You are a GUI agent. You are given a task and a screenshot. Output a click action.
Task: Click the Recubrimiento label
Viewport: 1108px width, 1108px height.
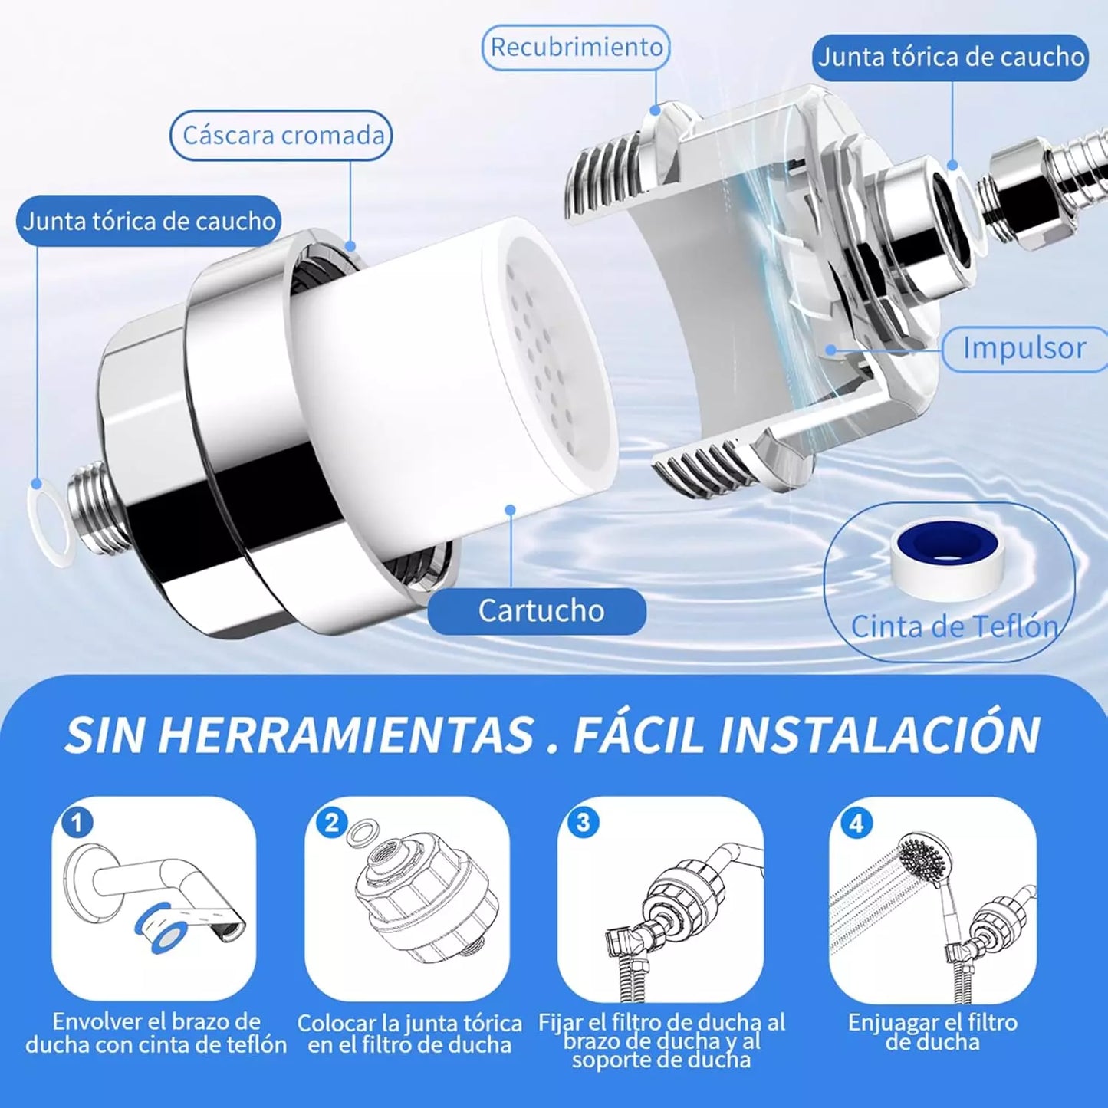click(x=577, y=47)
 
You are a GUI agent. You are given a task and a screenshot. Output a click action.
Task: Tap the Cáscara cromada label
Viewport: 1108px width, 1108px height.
click(x=281, y=136)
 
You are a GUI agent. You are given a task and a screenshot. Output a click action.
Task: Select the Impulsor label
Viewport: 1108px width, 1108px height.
click(x=1024, y=348)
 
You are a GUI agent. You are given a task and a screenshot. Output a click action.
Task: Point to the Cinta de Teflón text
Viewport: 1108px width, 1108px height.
click(x=955, y=626)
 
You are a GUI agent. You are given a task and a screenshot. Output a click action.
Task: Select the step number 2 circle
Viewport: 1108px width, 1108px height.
click(x=332, y=824)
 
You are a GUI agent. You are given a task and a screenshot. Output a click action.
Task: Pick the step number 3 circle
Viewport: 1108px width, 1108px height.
click(x=583, y=823)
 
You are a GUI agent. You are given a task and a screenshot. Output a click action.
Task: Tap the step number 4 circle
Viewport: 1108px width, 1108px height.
click(x=856, y=824)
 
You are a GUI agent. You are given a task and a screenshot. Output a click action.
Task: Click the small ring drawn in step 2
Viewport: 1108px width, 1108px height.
click(x=360, y=832)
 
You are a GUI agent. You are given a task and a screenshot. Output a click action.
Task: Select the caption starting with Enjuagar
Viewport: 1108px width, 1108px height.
click(x=932, y=1032)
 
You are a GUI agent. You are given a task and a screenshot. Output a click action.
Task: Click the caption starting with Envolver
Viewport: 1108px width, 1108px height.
click(x=156, y=1033)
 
